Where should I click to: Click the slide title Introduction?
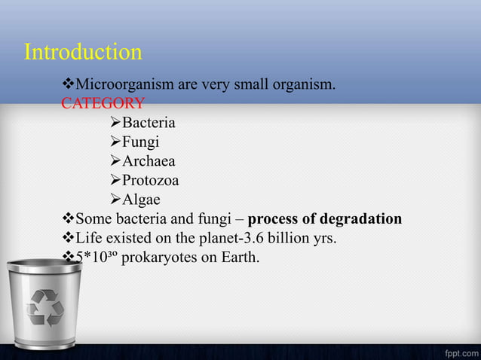[x=83, y=52]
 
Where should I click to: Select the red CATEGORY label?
[x=103, y=103]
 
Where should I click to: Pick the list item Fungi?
[x=140, y=142]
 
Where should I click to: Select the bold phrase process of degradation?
[x=324, y=219]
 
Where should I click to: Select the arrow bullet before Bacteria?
[x=115, y=122]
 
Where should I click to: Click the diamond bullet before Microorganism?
[x=68, y=84]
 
